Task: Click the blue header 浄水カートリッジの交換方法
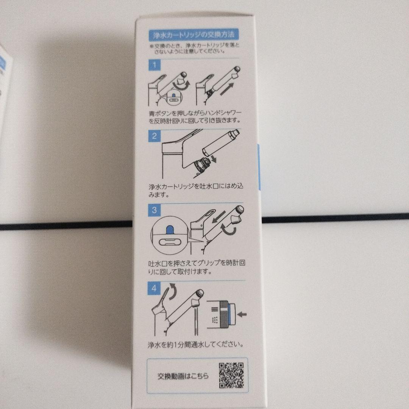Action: pyautogui.click(x=192, y=35)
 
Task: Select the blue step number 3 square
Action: pyautogui.click(x=154, y=210)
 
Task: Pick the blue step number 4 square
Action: pyautogui.click(x=154, y=288)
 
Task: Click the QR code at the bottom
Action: pyautogui.click(x=231, y=376)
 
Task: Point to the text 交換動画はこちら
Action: pyautogui.click(x=183, y=376)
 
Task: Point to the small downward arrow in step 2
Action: pyautogui.click(x=214, y=159)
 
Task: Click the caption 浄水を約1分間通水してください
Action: pyautogui.click(x=195, y=345)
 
